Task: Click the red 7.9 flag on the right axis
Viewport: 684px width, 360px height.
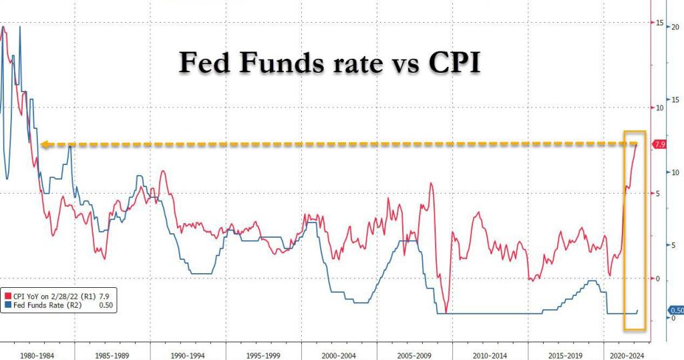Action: click(x=660, y=144)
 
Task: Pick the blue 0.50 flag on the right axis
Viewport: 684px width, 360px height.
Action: click(x=676, y=311)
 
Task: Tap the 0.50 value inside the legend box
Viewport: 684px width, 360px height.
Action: click(x=106, y=305)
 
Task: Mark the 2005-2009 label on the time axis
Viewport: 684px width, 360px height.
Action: click(x=415, y=356)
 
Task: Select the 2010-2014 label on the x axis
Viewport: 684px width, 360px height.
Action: click(x=490, y=356)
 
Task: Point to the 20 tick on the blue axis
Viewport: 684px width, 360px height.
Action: click(x=675, y=27)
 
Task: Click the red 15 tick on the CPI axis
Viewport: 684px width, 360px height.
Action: click(x=659, y=23)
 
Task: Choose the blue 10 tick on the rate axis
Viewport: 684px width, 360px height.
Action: click(x=675, y=172)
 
